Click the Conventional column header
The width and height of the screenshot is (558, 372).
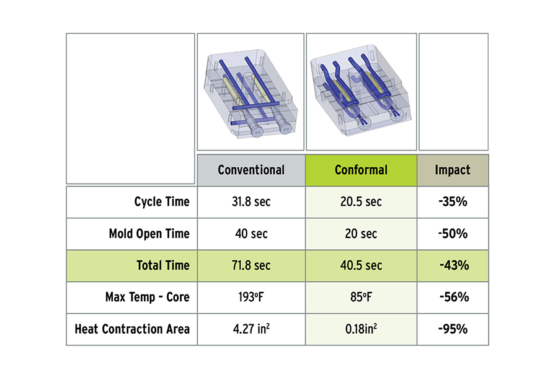pos(251,170)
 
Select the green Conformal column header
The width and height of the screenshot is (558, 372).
pos(361,170)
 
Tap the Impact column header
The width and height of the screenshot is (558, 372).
pos(453,170)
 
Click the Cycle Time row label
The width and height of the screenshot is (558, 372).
pos(162,202)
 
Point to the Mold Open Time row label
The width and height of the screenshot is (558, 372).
pos(149,234)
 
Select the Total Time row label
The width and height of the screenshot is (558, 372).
pos(163,265)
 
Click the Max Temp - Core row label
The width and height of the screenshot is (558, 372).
pos(148,297)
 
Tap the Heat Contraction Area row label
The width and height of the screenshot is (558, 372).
pos(132,329)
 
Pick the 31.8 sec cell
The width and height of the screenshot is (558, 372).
pos(251,202)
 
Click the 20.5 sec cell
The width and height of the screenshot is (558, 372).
pos(361,202)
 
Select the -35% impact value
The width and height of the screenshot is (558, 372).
pos(453,202)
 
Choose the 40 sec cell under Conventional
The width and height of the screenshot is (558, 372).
pos(251,234)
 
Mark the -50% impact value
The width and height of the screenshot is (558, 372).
pos(453,234)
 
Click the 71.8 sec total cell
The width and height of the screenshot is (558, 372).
pos(251,265)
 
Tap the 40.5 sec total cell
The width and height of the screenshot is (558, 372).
pos(361,265)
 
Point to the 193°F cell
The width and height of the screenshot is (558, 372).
pos(251,297)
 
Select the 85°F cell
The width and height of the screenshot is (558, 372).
pos(361,297)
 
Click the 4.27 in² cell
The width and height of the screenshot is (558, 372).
pos(251,329)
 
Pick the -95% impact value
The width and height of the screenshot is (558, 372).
pos(453,329)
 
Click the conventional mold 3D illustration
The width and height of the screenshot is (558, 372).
pos(250,93)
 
